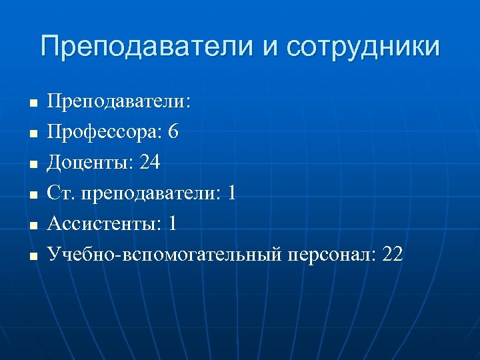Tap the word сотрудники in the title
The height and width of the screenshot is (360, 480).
tap(364, 47)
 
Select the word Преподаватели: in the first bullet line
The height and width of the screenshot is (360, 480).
tap(119, 102)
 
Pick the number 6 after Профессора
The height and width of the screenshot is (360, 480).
tap(173, 132)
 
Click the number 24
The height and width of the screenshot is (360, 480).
tap(151, 163)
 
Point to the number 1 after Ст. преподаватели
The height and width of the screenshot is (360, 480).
tap(231, 193)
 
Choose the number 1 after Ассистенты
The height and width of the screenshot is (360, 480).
tap(173, 224)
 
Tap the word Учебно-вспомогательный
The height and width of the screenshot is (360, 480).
tap(166, 255)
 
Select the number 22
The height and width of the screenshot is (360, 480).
tap(393, 255)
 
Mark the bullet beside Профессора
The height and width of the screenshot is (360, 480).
tap(31, 134)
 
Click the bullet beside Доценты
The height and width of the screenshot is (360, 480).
tap(31, 165)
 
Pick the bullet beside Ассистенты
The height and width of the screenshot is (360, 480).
tap(31, 226)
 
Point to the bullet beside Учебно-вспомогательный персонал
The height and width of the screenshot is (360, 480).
tap(31, 257)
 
